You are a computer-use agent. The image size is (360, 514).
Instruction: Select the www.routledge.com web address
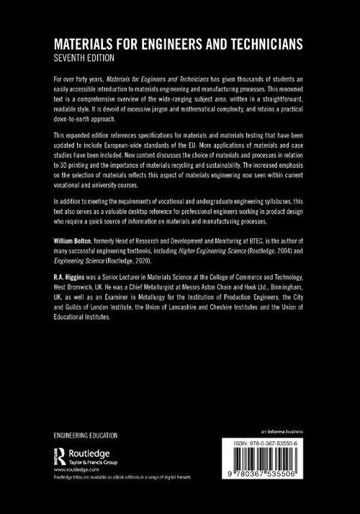pos(74,469)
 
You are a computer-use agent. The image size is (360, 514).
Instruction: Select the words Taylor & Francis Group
pos(97,460)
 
